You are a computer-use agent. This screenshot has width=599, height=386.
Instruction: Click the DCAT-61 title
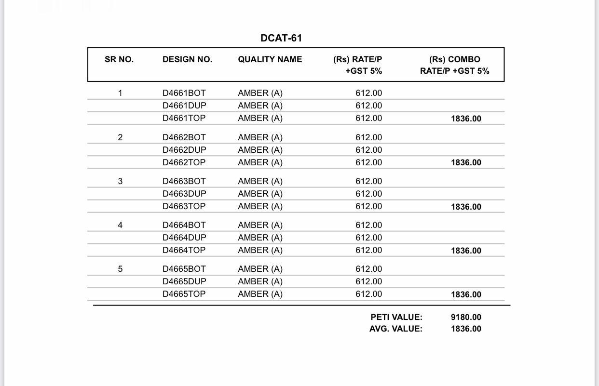point(281,38)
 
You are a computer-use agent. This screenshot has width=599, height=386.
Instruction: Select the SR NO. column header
point(119,59)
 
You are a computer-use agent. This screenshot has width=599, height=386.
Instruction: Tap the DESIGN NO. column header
point(187,59)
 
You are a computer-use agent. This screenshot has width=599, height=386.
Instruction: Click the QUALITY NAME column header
point(270,59)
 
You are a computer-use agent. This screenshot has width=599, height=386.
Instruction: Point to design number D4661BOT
point(184,93)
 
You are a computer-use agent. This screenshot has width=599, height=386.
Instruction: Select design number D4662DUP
point(184,150)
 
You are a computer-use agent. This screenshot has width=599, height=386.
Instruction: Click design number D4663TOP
point(184,206)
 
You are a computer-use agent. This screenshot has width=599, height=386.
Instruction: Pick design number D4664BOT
point(184,225)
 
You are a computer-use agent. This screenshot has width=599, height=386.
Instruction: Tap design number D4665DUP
point(184,281)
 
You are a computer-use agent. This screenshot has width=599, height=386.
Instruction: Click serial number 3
point(120,181)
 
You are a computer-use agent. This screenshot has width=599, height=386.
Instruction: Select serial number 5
point(120,269)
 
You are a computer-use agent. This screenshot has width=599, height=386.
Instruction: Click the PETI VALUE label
point(396,317)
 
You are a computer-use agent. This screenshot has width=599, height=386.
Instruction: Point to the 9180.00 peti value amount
point(466,317)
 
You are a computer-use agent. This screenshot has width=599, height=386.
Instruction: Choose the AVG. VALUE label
point(395,329)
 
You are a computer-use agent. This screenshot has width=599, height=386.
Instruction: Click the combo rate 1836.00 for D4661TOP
point(466,119)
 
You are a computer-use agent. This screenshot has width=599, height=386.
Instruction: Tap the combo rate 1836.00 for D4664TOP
point(466,251)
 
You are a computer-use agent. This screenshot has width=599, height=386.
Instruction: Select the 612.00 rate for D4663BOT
point(368,181)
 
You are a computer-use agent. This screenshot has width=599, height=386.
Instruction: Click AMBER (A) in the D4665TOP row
point(260,294)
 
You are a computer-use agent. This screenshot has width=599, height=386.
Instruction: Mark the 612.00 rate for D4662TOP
point(368,162)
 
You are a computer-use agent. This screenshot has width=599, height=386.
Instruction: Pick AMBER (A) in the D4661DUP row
point(260,106)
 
